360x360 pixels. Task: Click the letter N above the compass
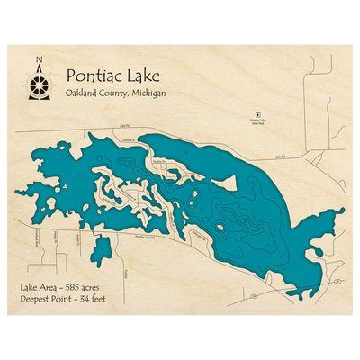pos(38,61)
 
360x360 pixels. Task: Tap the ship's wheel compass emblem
pos(38,86)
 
